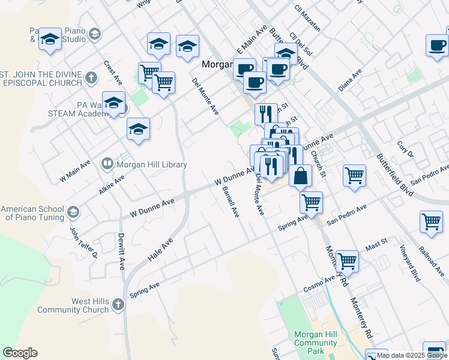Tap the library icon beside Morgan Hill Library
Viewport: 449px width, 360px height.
point(107,163)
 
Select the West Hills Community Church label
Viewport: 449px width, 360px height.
point(73,305)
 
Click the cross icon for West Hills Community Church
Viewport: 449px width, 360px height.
point(118,305)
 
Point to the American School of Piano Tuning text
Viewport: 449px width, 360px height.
point(32,213)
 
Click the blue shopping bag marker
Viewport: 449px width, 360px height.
point(301,176)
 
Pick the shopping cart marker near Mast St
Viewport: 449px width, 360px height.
point(348,261)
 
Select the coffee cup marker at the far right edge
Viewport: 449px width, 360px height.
point(437,45)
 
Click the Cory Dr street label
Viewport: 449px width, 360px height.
point(406,149)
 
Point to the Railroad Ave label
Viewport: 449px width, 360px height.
point(430,259)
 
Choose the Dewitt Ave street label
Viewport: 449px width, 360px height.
point(121,251)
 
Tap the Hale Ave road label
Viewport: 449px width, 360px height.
point(160,249)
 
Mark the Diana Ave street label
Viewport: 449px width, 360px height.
point(350,80)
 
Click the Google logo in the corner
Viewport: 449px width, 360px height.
point(20,353)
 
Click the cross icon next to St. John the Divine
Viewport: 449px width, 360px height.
point(91,77)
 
